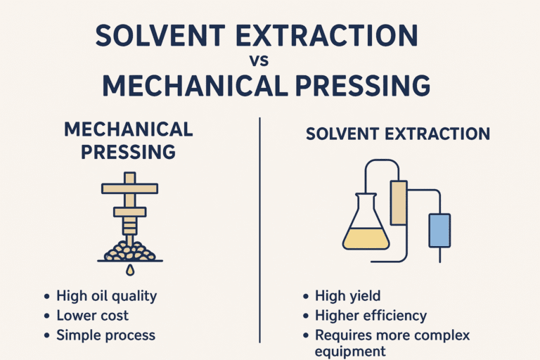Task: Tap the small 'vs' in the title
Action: click(x=269, y=60)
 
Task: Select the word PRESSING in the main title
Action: click(x=358, y=85)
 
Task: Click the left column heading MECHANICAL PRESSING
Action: click(x=127, y=140)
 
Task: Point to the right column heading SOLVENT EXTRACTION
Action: click(x=398, y=134)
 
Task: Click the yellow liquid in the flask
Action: click(x=366, y=239)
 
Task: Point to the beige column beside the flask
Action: click(x=399, y=202)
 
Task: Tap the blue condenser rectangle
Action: click(x=439, y=230)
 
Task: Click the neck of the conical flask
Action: click(x=366, y=200)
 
